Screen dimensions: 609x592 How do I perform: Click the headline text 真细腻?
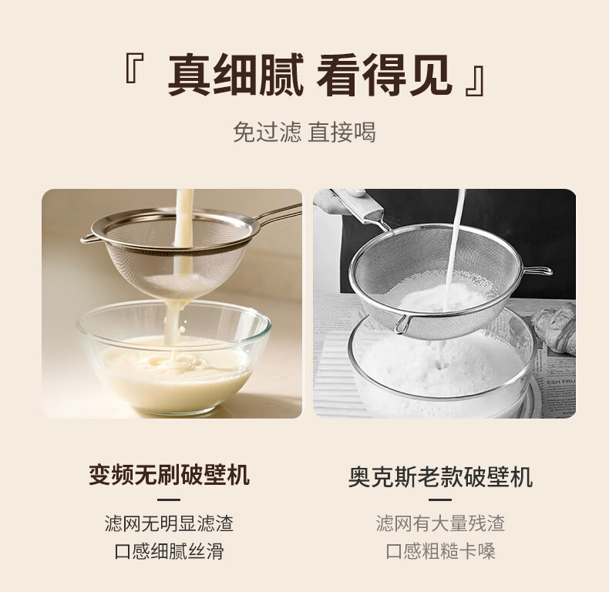(235, 76)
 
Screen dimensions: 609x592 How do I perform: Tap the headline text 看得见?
(384, 76)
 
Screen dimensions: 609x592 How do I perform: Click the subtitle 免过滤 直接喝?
(304, 132)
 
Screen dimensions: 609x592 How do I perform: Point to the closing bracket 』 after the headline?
(475, 81)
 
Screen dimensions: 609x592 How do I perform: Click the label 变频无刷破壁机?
(169, 474)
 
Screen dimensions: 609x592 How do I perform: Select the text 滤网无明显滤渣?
(169, 523)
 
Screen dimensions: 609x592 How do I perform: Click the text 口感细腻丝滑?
(169, 551)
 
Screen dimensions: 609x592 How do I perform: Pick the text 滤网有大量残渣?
(440, 523)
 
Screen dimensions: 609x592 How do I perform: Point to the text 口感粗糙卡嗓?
(440, 551)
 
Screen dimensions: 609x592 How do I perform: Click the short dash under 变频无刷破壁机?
(169, 500)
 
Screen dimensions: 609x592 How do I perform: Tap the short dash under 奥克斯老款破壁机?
(440, 500)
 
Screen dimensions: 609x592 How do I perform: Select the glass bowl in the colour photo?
(173, 357)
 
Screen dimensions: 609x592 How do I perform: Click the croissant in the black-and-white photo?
(553, 326)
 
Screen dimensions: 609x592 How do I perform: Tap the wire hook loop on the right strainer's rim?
(539, 270)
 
